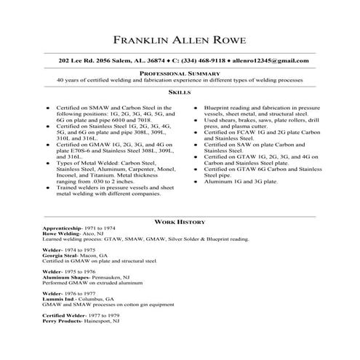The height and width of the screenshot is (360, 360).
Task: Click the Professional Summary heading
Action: point(180,73)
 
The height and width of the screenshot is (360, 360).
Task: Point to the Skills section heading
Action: point(180,93)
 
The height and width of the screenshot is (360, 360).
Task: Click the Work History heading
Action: point(180,221)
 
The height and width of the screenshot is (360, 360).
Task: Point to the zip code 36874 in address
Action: point(146,59)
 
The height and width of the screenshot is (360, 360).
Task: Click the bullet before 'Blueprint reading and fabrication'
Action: point(196,108)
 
